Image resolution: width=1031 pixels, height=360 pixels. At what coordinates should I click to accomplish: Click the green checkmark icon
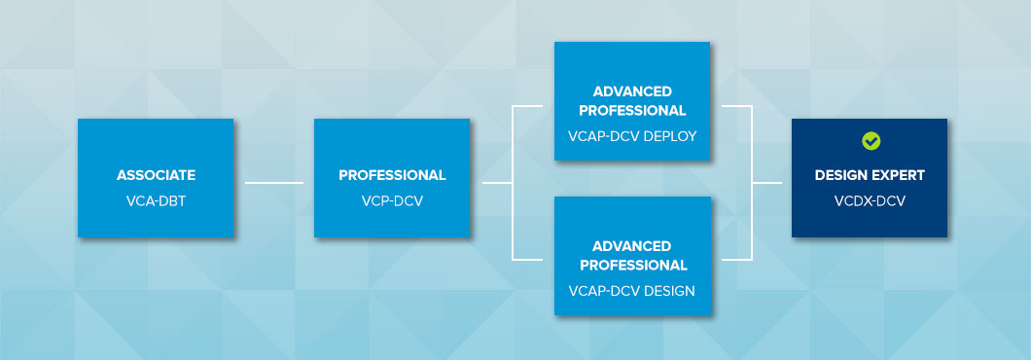point(871,142)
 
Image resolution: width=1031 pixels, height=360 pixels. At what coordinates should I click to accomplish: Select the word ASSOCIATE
point(156,176)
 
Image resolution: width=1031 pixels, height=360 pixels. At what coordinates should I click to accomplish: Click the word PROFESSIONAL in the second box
point(392,176)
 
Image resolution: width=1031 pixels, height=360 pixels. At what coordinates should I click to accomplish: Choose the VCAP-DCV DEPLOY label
point(632,136)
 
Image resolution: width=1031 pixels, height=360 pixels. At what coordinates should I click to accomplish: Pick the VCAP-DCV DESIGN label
point(632,290)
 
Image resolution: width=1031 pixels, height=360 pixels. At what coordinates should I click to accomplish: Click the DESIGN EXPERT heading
point(871,176)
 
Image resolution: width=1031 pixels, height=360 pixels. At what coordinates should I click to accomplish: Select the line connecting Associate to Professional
point(273,182)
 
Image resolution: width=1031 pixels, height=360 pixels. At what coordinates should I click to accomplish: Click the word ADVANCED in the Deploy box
point(632,91)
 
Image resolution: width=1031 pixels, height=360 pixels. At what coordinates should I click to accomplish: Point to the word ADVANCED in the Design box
point(632,246)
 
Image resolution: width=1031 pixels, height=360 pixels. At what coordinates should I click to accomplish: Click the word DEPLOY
point(670,136)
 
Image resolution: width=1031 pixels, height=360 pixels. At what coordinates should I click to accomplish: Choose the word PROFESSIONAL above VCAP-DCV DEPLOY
point(632,111)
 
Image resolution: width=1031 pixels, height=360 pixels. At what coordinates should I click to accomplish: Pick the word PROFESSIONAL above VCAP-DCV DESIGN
point(632,266)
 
